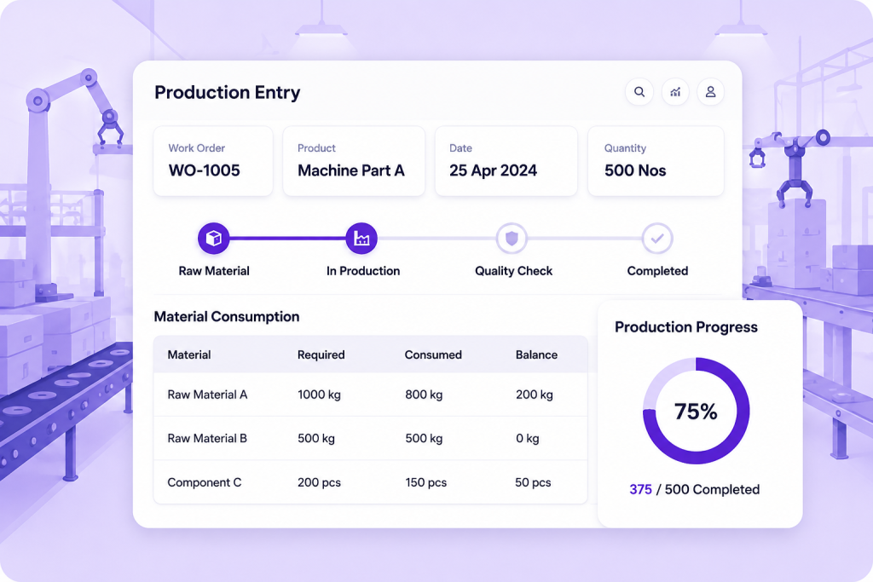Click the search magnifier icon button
coord(639,92)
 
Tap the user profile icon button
coord(710,92)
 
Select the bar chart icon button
coord(675,92)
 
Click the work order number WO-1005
coord(205,170)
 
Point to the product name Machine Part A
coord(350,170)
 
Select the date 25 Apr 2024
coord(493,170)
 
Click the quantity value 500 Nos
coord(635,170)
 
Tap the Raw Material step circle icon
coord(214,238)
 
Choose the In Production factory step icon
coord(361,238)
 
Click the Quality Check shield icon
coord(512,238)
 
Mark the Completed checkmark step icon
coord(657,238)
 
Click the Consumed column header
coord(433,355)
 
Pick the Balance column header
coord(536,355)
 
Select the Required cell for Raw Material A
coord(319,395)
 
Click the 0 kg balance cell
coord(527,439)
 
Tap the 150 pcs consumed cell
coord(426,482)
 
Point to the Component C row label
coord(205,482)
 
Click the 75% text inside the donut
coord(696,412)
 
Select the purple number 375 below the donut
coord(640,490)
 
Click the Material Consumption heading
coord(227,317)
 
